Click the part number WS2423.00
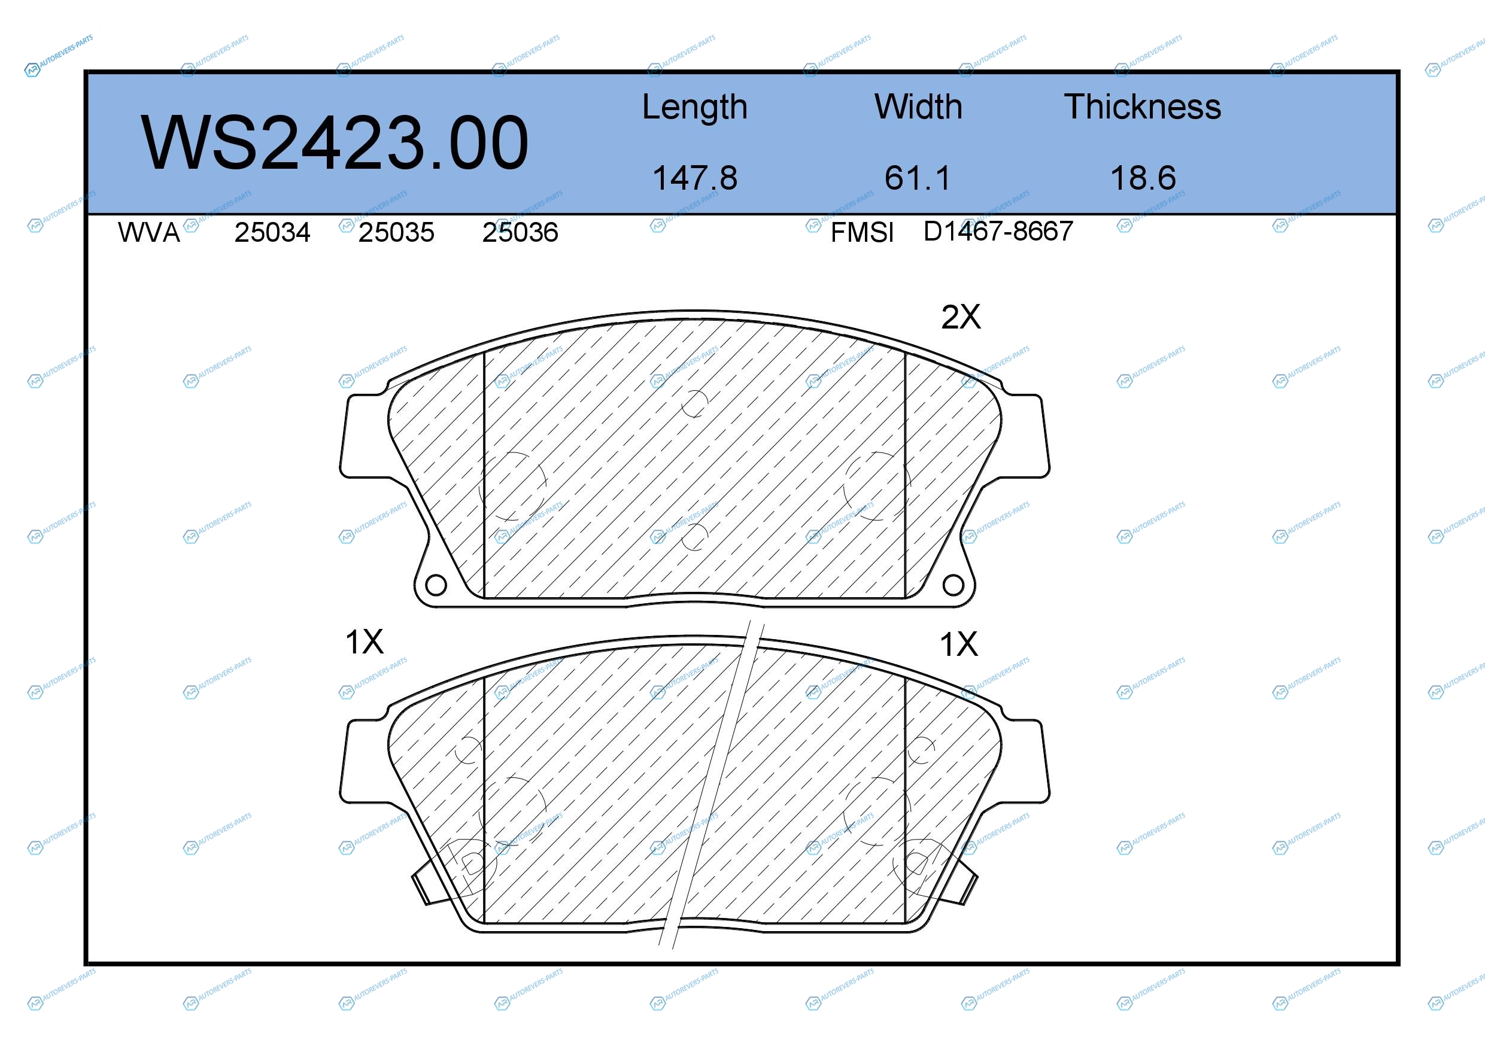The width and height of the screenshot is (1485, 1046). click(x=335, y=142)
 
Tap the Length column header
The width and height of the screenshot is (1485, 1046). click(x=695, y=107)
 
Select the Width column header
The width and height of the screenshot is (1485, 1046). click(x=918, y=107)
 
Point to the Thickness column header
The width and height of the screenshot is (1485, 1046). click(x=1142, y=107)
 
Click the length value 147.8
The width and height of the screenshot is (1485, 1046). click(x=695, y=178)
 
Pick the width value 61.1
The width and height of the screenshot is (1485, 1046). click(x=918, y=178)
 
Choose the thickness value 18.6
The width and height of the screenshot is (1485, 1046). click(x=1143, y=178)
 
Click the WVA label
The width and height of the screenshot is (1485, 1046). click(x=149, y=233)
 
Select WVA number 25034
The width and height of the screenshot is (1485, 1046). click(x=272, y=233)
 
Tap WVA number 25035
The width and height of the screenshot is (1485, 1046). click(x=396, y=233)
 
